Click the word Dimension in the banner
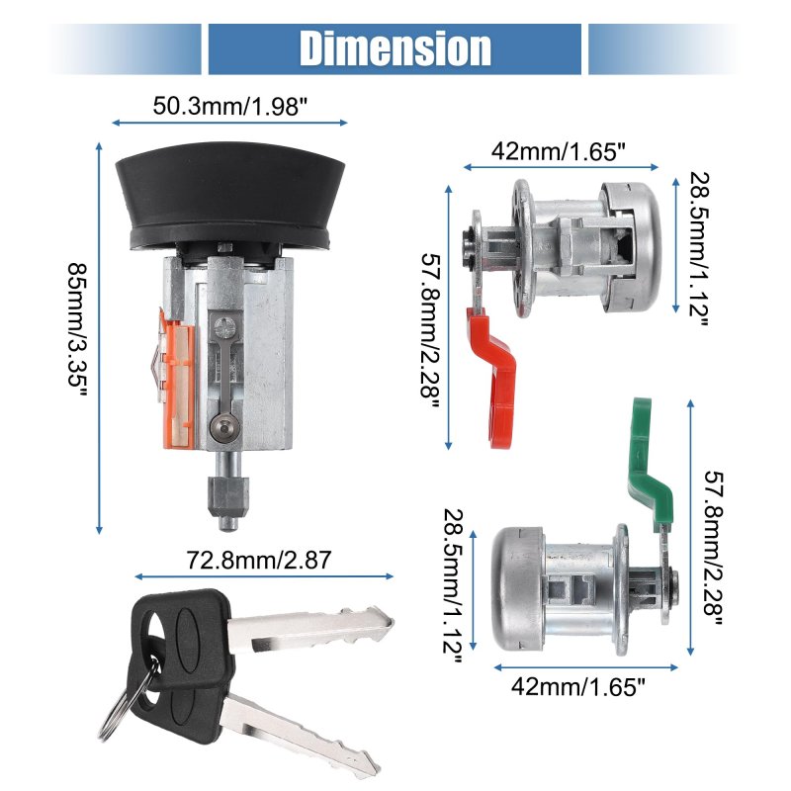[x=395, y=48]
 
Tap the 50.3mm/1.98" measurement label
[x=230, y=107]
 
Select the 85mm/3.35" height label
[x=78, y=332]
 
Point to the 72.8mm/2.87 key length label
[x=259, y=560]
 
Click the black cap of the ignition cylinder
[x=230, y=196]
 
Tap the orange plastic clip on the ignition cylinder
[x=177, y=379]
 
